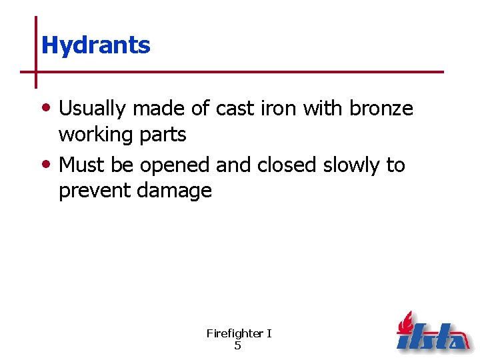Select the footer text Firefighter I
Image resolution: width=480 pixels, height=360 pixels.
coord(239,333)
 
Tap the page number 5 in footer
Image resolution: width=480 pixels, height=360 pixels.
coord(238,345)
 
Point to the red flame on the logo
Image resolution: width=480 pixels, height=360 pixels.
coord(405,323)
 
